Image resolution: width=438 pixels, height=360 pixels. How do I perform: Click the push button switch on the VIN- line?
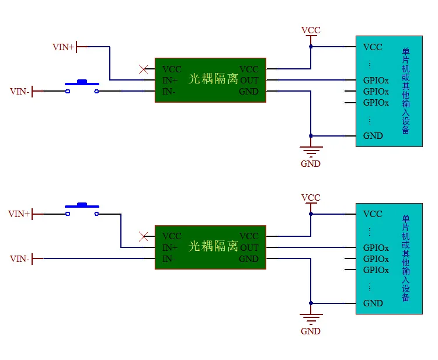coord(82,87)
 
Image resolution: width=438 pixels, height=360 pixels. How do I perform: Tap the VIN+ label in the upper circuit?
coord(63,47)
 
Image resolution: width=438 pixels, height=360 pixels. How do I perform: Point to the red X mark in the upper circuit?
coord(144,69)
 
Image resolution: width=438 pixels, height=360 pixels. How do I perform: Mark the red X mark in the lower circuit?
coord(144,236)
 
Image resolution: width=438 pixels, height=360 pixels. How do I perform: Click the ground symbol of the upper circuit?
coord(311,151)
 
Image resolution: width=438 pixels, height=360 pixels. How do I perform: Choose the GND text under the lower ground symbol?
coord(311,331)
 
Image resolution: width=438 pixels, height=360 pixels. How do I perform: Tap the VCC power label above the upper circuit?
coord(311,30)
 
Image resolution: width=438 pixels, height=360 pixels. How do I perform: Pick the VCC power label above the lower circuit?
coord(311,198)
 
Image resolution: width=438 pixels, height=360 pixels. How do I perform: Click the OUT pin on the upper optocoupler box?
coord(249,81)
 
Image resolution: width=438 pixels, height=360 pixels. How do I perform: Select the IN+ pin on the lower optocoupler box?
coord(170,248)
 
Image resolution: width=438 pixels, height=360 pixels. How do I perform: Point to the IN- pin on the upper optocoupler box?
coord(169,92)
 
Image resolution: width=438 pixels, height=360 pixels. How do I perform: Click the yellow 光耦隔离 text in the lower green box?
coord(213,246)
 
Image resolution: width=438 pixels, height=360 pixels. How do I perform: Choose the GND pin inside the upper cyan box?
coord(373,136)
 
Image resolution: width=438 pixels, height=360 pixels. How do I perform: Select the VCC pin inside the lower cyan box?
coord(373,214)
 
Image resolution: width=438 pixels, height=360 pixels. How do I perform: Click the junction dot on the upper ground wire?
coord(311,136)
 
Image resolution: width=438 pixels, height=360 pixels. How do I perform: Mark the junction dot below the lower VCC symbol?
coord(311,214)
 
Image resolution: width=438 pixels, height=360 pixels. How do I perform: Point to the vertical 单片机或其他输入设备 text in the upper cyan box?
coord(406,91)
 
